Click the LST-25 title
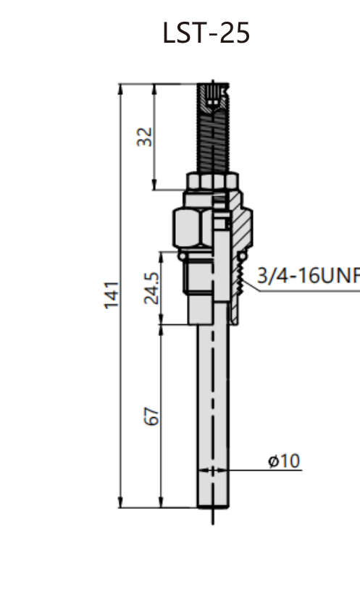[206, 33]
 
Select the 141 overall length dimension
[112, 295]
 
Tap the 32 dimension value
[146, 137]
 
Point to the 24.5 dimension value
[151, 288]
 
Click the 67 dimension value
[151, 416]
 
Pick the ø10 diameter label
[284, 461]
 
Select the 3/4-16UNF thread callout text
[309, 276]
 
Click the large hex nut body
[192, 227]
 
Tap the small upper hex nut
[213, 181]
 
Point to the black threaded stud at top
[213, 128]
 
